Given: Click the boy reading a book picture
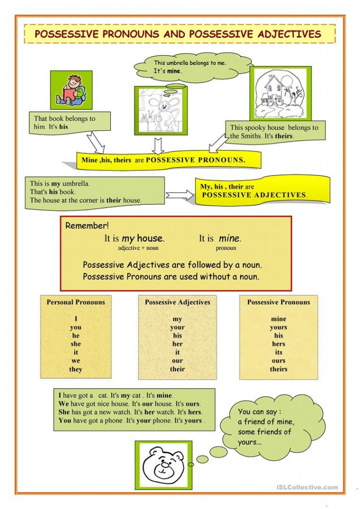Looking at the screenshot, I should point(71,90).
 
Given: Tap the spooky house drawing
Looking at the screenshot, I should point(280,92).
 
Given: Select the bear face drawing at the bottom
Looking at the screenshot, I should point(163,465).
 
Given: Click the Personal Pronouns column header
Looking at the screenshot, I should point(76,302).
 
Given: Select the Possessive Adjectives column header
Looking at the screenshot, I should point(178,302).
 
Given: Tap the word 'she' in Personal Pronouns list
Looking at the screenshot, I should point(76,344).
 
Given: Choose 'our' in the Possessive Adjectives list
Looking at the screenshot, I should point(178,361).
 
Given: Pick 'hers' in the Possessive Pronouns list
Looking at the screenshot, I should point(278,344).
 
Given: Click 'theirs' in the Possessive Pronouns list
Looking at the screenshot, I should point(278,369).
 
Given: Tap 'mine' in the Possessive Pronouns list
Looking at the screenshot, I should point(278,319).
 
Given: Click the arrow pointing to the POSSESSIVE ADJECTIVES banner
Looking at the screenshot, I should point(180,195).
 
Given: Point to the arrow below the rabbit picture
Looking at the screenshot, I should point(158,145).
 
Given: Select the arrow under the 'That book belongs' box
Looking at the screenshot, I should point(96,143).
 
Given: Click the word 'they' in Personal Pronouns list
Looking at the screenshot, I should point(76,369).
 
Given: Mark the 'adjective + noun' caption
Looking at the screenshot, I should point(138,248).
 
